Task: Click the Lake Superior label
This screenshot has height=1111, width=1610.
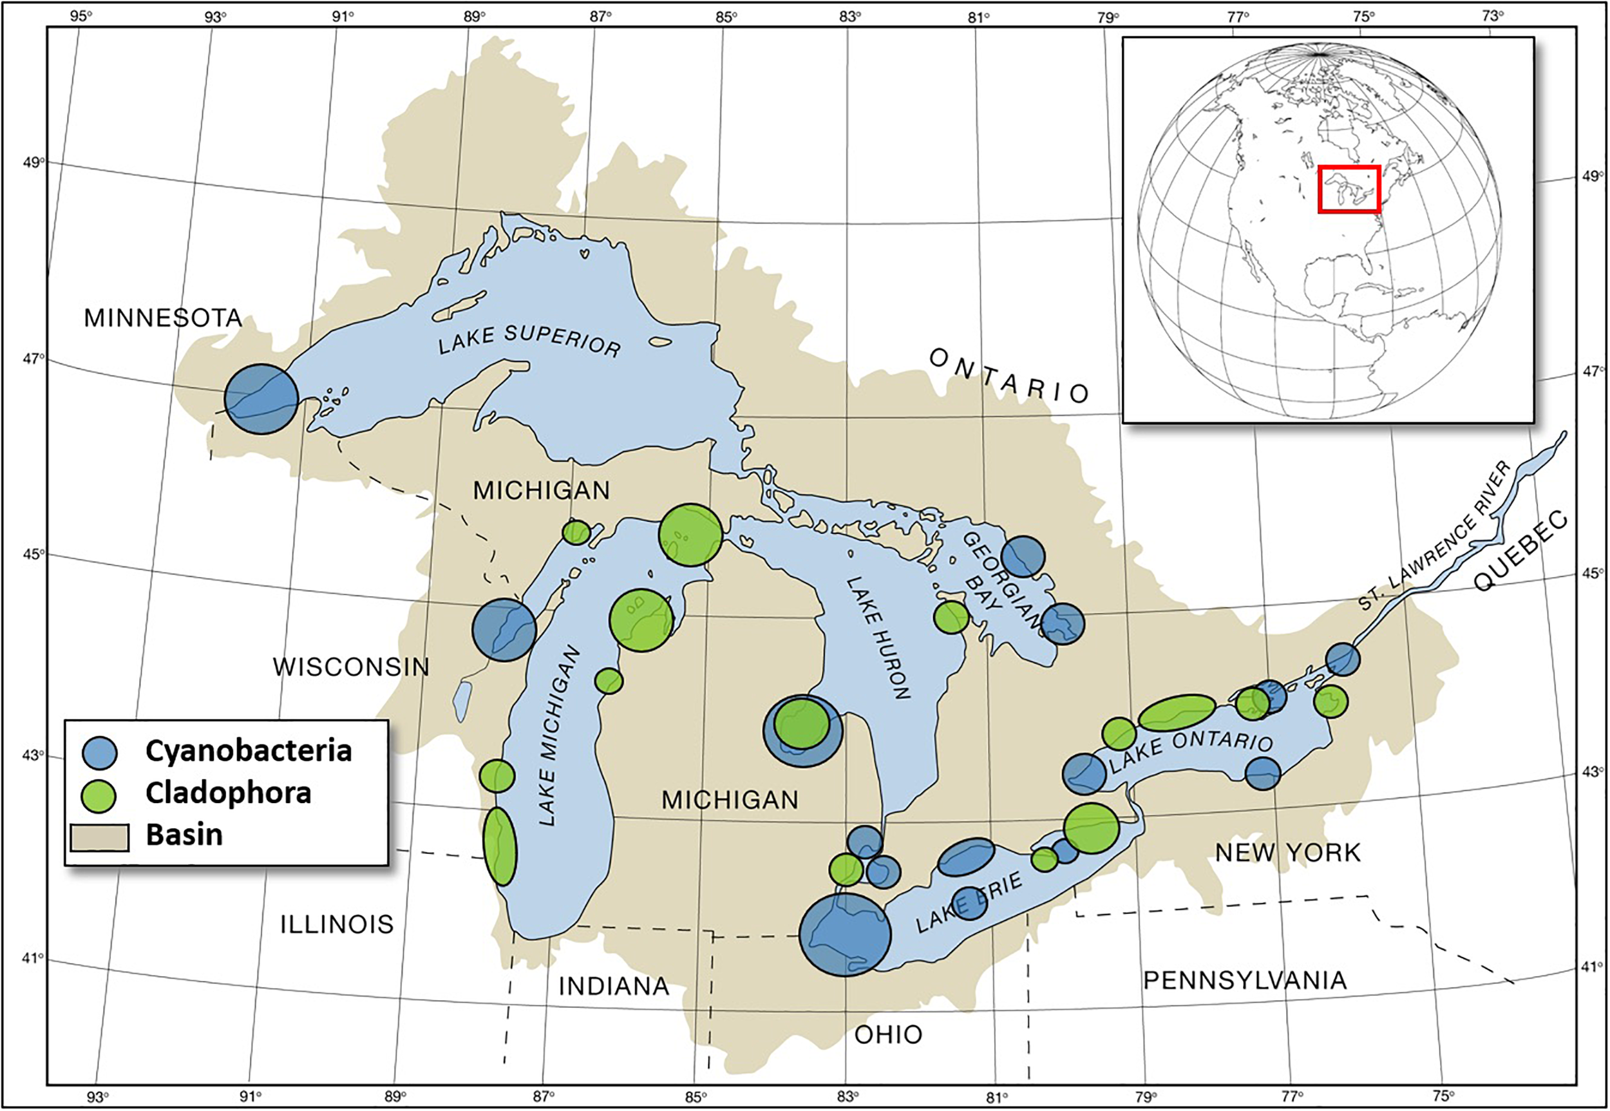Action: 529,341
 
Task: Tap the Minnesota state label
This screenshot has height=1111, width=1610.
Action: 163,318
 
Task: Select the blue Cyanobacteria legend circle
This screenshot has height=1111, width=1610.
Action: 100,752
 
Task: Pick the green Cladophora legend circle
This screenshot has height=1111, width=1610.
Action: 100,795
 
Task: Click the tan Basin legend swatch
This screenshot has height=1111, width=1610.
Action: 100,837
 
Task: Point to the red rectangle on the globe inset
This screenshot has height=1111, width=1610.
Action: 1349,189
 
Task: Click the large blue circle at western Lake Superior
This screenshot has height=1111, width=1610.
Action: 261,399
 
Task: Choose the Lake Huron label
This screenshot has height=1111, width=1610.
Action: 878,638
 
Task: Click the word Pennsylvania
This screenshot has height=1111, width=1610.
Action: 1245,980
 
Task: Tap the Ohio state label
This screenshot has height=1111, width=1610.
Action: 888,1035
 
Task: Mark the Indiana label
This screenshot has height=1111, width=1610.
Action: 614,987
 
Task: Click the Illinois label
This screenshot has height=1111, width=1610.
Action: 337,924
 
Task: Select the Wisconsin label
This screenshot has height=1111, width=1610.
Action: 351,667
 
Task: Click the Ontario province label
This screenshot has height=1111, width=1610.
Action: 1009,377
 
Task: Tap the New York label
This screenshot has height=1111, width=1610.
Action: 1288,853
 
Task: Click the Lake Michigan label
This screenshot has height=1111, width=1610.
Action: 560,735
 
